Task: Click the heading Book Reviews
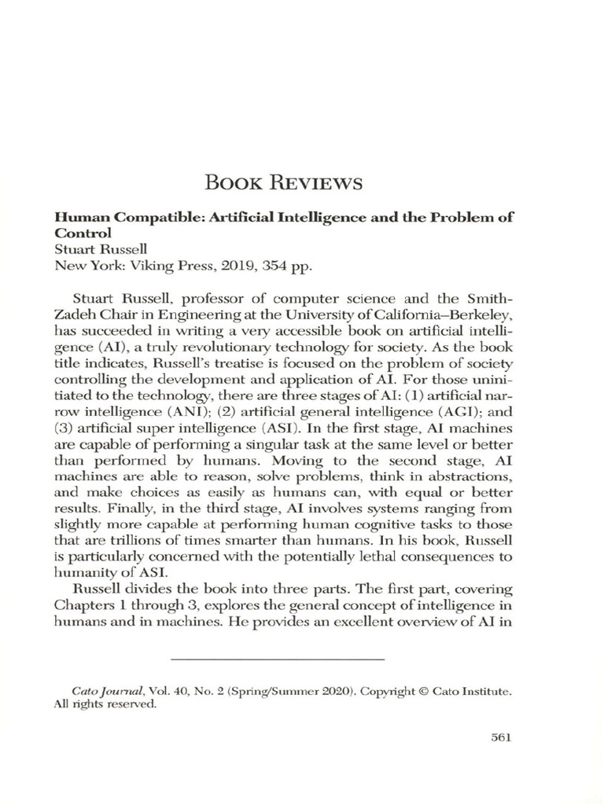(284, 184)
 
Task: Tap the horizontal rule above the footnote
(277, 657)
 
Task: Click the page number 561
(501, 737)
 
